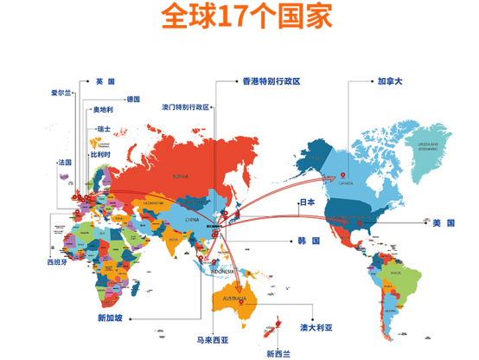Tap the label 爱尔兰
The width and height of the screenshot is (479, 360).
[62, 93]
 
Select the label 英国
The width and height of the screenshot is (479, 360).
[105, 81]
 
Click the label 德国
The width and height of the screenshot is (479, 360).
[133, 99]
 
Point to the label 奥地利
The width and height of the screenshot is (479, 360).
[104, 110]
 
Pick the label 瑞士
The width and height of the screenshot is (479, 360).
[104, 129]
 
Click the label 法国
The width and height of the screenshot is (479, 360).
[64, 162]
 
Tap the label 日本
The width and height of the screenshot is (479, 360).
[308, 202]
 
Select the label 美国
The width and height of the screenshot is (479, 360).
[443, 223]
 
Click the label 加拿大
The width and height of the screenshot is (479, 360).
[390, 81]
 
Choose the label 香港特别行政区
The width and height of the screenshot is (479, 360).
[271, 81]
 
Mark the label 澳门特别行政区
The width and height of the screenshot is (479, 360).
[186, 108]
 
